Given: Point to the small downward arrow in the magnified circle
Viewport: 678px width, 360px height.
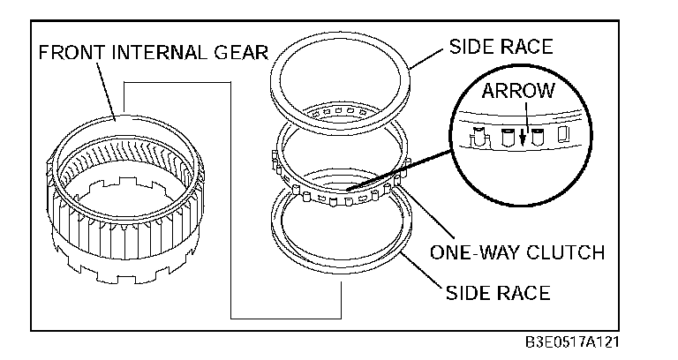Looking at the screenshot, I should pos(524,136).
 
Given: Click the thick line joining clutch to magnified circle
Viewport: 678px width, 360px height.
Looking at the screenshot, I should pos(403,167).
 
